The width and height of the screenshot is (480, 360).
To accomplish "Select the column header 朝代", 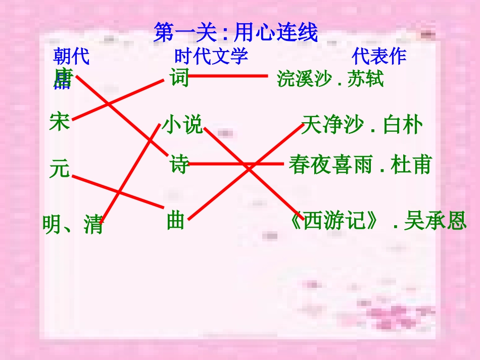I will click(71, 57).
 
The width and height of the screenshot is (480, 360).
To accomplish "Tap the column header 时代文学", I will click(211, 56).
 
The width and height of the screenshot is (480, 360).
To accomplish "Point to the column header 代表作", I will click(379, 56).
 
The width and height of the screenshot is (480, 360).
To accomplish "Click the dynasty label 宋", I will click(59, 122).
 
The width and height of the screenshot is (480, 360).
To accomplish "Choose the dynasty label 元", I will click(59, 168).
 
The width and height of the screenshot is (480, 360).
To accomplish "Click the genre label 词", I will click(178, 78).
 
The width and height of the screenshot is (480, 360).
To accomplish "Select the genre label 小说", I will click(182, 124).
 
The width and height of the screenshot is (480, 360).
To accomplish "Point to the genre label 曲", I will click(175, 221).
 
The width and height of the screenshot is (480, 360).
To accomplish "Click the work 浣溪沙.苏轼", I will click(330, 79).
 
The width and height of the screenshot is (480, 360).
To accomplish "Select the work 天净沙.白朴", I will click(361, 125).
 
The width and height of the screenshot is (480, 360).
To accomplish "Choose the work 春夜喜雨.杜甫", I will click(360, 165).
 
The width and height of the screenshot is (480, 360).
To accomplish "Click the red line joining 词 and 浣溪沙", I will click(227, 76).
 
